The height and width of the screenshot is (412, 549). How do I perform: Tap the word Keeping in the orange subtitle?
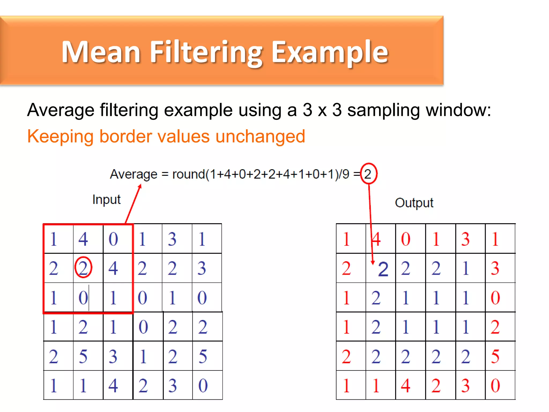pos(60,136)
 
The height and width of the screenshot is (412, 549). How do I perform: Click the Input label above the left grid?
pos(106,200)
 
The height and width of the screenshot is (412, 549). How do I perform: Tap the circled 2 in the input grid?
pos(83,268)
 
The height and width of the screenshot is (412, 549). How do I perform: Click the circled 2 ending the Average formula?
pos(368,174)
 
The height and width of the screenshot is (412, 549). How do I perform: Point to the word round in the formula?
pos(188,174)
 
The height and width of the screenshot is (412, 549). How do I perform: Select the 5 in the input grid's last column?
pos(203,356)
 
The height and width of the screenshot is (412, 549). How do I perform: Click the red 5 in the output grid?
pos(495,356)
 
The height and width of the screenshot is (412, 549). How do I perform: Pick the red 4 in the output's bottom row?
pos(406,386)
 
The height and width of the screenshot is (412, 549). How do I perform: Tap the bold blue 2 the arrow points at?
pos(383,269)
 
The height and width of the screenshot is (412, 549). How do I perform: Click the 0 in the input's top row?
pos(113,239)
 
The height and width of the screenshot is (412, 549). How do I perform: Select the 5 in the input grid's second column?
pos(83,356)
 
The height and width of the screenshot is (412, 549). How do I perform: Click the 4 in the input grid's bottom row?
pos(113,386)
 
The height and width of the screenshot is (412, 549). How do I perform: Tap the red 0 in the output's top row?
pos(406,239)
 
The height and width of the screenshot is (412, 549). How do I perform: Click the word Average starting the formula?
pos(133,174)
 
